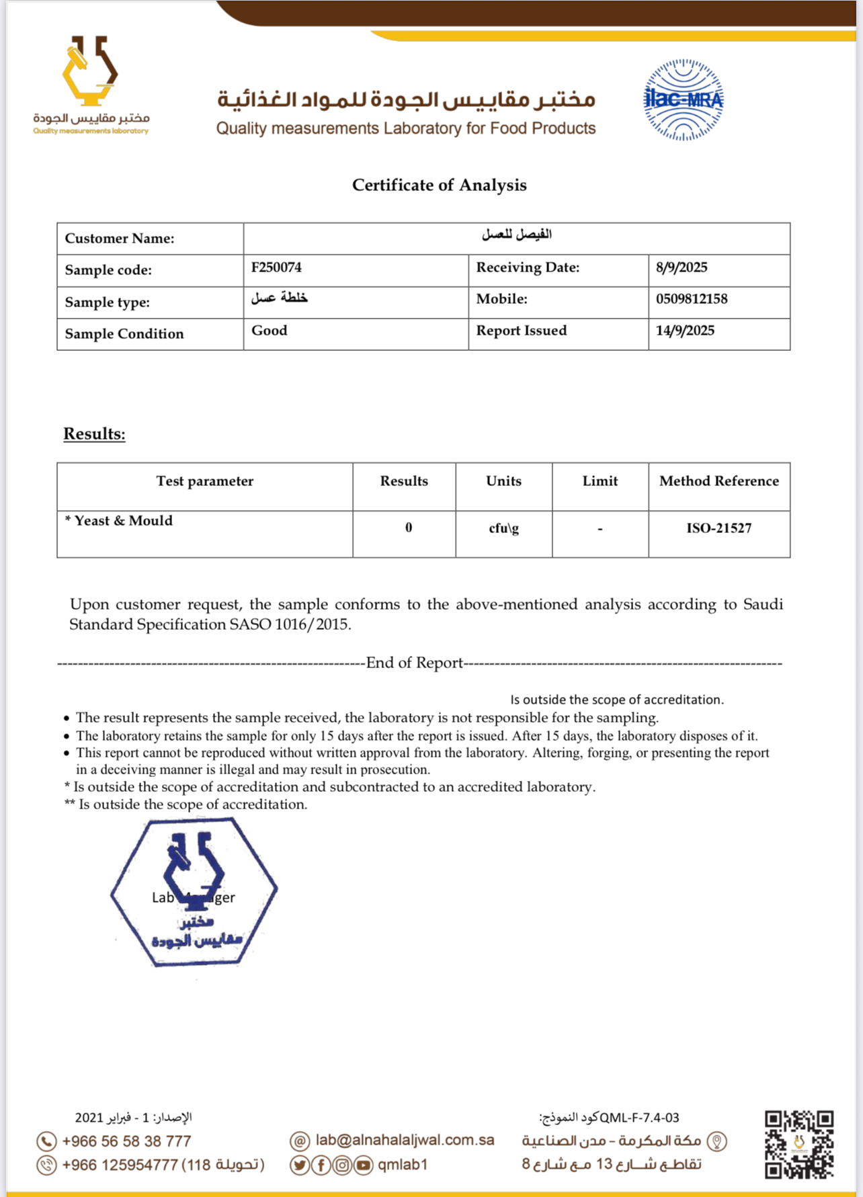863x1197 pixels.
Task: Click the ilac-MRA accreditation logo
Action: [683, 99]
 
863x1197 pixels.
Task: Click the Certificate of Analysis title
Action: [439, 185]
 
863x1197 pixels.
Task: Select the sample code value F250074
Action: [276, 267]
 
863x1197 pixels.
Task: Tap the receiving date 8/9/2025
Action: [682, 267]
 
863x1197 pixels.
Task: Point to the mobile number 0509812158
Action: [692, 299]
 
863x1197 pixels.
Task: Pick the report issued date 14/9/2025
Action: [685, 331]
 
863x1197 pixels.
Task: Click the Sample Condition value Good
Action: [269, 331]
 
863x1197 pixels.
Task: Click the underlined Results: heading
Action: [94, 434]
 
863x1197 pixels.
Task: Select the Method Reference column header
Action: [718, 481]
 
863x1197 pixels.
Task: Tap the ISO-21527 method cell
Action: [718, 528]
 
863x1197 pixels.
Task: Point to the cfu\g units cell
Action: [503, 528]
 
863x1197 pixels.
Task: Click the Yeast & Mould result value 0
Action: [408, 528]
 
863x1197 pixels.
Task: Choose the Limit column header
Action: [600, 481]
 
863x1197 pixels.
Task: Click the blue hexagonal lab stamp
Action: [194, 893]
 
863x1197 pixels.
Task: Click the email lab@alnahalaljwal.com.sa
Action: [405, 1140]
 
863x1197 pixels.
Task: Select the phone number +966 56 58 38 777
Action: [126, 1141]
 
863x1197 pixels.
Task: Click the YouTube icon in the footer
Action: [364, 1165]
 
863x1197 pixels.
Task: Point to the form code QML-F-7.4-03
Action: [639, 1118]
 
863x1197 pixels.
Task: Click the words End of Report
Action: [414, 663]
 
